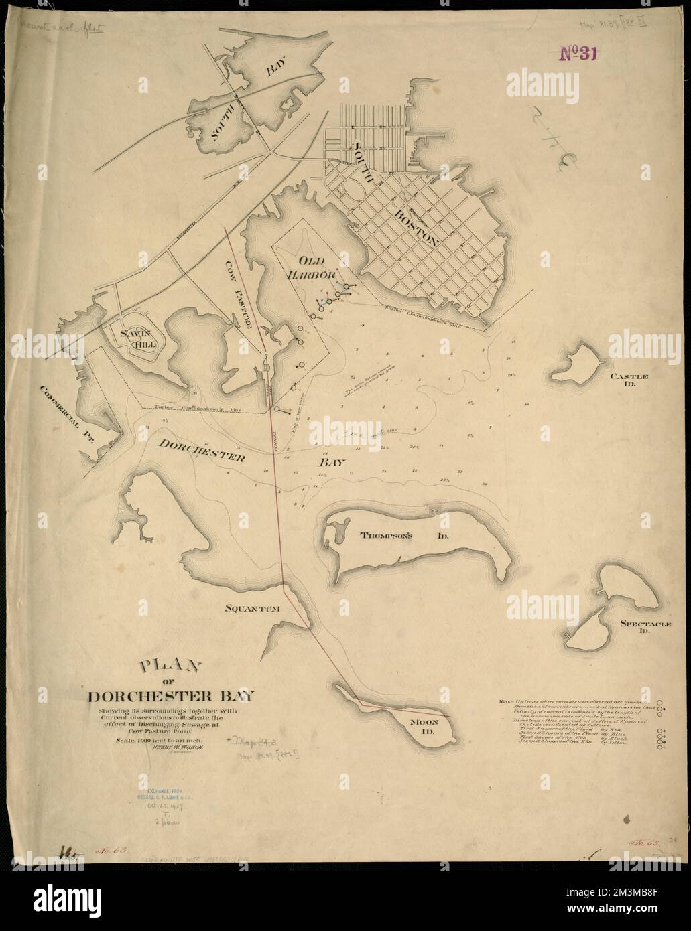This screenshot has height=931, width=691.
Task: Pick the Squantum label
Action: pos(251,608)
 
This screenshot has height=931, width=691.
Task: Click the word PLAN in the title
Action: pos(170,668)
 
